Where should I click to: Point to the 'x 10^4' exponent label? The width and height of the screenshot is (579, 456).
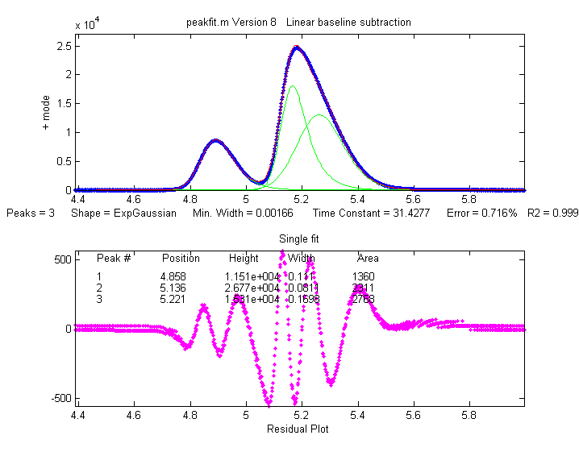point(87,24)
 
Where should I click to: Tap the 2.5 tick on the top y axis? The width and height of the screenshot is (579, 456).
point(64,46)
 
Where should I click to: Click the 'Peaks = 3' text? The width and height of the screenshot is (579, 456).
point(30,214)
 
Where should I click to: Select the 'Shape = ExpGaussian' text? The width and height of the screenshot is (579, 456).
point(124,214)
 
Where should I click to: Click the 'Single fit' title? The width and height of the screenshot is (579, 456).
point(298,239)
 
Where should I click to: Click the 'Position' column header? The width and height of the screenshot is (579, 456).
point(181,259)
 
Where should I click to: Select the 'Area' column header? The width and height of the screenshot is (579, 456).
point(368,259)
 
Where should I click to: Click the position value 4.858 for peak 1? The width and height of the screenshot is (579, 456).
point(173,277)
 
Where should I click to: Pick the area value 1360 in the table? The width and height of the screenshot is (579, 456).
point(364,277)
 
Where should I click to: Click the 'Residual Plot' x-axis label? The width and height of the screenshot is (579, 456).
point(298,429)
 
